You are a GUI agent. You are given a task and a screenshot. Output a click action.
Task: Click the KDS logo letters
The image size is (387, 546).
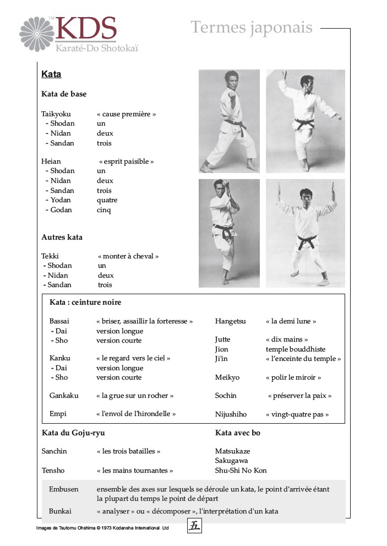pos(85,29)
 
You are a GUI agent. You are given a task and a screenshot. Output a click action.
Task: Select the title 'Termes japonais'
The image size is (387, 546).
pos(252,27)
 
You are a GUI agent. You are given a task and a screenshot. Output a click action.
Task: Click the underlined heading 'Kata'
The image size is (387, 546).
pos(51,74)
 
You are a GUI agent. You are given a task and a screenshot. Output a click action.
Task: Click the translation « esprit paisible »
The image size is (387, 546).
pos(126,161)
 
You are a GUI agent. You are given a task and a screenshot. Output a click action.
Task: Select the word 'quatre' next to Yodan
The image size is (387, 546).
pos(107,200)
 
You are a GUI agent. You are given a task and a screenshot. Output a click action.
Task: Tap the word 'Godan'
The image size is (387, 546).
pos(61,210)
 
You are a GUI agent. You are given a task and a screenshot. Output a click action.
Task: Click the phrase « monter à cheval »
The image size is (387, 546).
pos(128,256)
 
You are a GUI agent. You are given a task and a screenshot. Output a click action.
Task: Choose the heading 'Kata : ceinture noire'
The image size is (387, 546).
pos(85,302)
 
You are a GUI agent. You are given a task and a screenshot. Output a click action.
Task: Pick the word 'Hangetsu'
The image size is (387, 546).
pos(230,321)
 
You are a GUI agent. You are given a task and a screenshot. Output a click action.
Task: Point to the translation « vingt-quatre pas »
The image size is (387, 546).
pos(297,414)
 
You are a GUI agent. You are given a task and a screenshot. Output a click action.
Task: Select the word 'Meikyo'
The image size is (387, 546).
pos(226,377)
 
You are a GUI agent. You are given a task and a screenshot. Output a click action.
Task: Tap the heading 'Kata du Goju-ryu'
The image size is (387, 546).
pos(73,433)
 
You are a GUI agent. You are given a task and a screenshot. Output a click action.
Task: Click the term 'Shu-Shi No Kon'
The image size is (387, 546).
pos(241,471)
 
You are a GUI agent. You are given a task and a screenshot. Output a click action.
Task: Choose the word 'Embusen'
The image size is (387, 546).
pos(63,489)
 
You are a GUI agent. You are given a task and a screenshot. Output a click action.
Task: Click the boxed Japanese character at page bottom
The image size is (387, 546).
pos(194,526)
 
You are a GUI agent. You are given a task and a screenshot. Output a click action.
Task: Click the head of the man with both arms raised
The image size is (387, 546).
pos(306,195)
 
